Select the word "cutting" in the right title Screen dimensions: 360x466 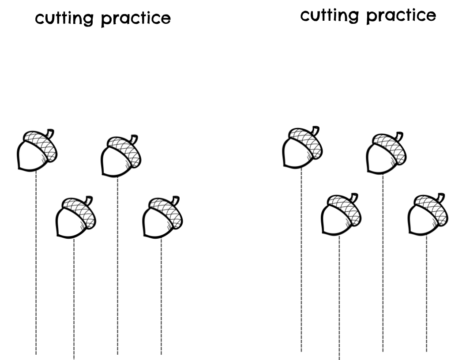(x=327, y=16)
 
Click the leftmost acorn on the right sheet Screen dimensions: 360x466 (x=301, y=149)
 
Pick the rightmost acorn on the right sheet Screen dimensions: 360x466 (x=427, y=215)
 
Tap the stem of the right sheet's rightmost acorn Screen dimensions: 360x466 (x=441, y=196)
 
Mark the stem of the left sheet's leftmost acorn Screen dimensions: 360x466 (x=51, y=132)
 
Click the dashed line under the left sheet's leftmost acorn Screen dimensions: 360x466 (x=36, y=265)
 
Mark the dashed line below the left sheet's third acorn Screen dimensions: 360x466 (x=117, y=265)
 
